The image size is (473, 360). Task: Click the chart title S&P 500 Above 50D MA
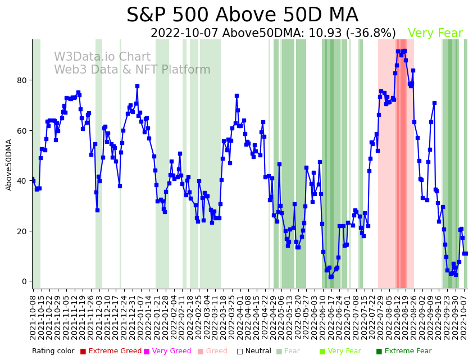point(242,15)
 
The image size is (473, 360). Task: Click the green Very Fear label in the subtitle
point(435,34)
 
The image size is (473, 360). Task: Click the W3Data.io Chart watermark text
point(102,57)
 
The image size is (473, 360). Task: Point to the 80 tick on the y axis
point(22,80)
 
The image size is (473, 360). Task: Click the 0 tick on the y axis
point(24,281)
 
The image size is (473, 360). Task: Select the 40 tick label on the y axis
point(22,181)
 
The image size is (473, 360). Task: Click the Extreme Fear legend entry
point(403,352)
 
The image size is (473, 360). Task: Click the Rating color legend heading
point(53,352)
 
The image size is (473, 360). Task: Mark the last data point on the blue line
point(466,253)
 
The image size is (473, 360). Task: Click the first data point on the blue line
point(33,179)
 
